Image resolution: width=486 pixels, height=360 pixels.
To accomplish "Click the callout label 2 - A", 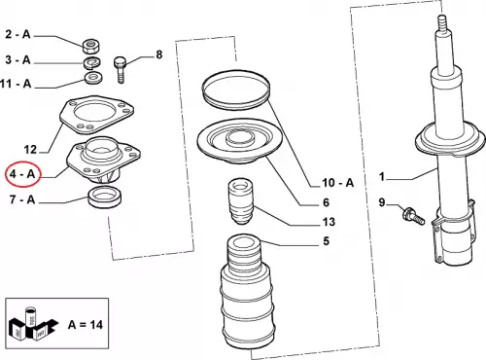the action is (x=17, y=34).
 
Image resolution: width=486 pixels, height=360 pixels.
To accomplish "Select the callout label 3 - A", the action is (x=17, y=59).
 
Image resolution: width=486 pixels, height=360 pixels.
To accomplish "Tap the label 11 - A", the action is (x=16, y=84).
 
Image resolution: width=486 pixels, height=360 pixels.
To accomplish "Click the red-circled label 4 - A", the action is (x=22, y=174).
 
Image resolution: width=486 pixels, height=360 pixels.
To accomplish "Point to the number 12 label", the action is (x=30, y=150).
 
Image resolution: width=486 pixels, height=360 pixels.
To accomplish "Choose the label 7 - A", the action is (x=22, y=199).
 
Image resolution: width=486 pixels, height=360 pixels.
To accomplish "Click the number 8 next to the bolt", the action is (x=158, y=54).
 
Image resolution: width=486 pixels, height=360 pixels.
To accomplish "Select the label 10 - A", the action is (x=338, y=183).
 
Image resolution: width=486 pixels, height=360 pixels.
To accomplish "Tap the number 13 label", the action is (x=329, y=222).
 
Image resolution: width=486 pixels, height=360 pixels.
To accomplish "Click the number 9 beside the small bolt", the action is (x=382, y=202).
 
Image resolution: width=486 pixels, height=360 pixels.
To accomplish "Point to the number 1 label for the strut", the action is (x=382, y=177).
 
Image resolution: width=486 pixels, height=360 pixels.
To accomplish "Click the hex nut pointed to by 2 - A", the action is (x=91, y=47).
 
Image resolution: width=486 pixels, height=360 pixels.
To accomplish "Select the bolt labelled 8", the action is (x=120, y=69).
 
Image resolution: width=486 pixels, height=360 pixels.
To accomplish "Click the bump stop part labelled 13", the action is (x=240, y=201).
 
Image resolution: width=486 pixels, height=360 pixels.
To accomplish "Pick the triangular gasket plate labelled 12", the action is (x=97, y=116).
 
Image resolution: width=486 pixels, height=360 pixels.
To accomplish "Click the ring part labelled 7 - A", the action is (x=105, y=198).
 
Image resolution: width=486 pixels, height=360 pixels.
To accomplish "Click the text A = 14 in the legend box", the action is (x=86, y=324).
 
